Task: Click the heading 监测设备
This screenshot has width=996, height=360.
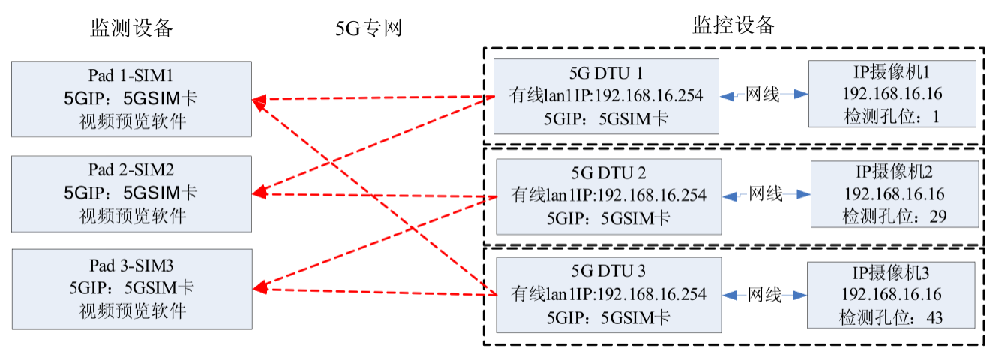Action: pos(132,29)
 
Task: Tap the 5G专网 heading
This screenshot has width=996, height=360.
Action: pos(369,29)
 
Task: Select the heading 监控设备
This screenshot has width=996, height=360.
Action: pos(733,25)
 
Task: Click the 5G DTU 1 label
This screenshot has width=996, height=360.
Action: pos(606,73)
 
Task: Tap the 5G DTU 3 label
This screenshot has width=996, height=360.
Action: pos(608,271)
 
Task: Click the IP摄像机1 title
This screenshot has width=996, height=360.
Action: pos(892,73)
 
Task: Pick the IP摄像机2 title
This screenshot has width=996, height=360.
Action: pos(895,173)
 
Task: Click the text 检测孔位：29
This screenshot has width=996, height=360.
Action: pos(895,217)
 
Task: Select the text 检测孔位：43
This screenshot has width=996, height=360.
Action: pos(891,317)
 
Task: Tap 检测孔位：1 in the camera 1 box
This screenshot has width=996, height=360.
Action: pos(891,116)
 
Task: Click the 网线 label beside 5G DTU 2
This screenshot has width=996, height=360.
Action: pos(766,195)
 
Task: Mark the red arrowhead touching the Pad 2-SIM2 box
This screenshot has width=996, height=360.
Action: pos(259,193)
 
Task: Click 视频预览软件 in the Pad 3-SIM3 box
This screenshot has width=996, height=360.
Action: pos(132,310)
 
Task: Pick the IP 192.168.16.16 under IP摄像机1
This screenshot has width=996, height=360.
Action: pos(892,94)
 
